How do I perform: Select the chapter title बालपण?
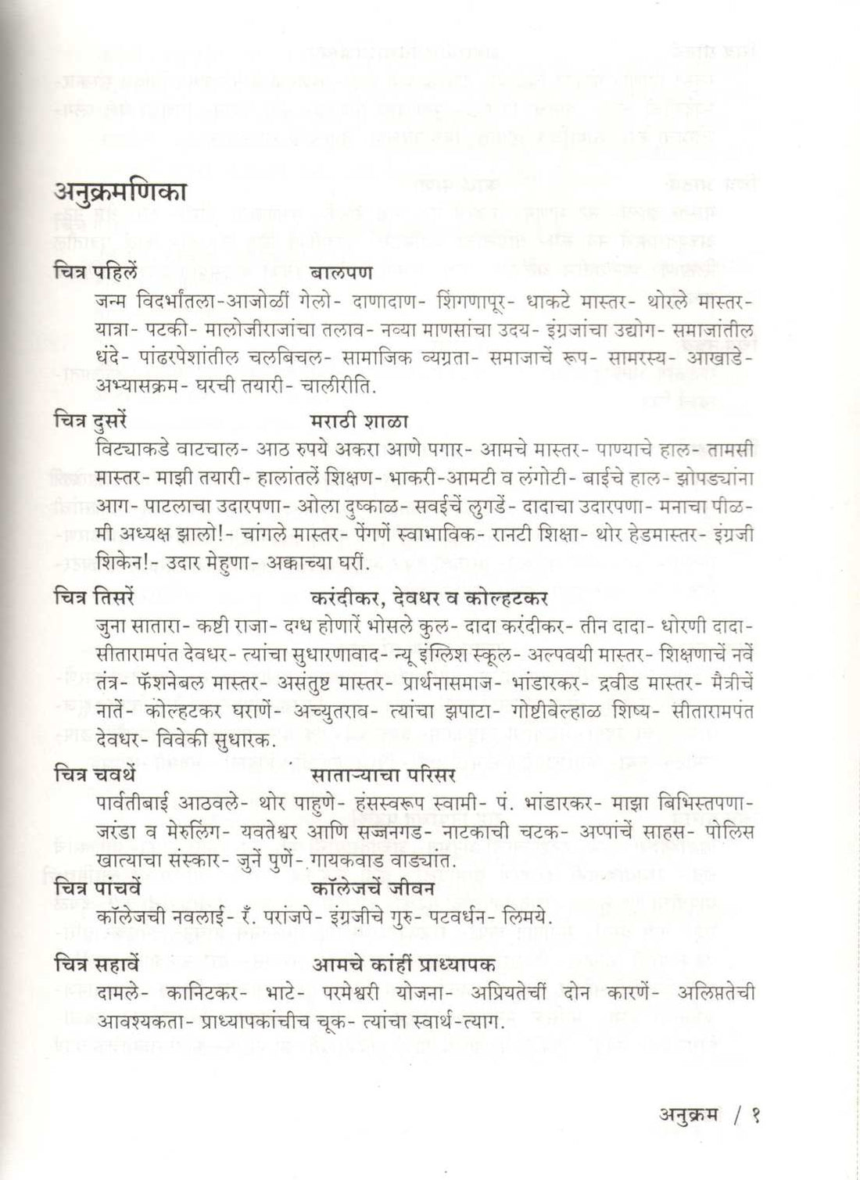pos(342,273)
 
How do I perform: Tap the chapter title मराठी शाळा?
pos(360,421)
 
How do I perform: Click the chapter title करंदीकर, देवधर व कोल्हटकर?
pos(429,598)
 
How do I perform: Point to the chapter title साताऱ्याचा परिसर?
pos(383,775)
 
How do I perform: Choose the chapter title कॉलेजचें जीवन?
pos(373,889)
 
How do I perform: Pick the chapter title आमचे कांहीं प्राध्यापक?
pos(404,965)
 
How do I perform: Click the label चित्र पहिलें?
pos(95,273)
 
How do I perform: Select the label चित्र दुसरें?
pos(91,421)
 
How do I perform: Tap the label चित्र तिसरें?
pos(95,598)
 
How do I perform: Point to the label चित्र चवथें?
pos(95,775)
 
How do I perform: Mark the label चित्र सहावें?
pos(97,965)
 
